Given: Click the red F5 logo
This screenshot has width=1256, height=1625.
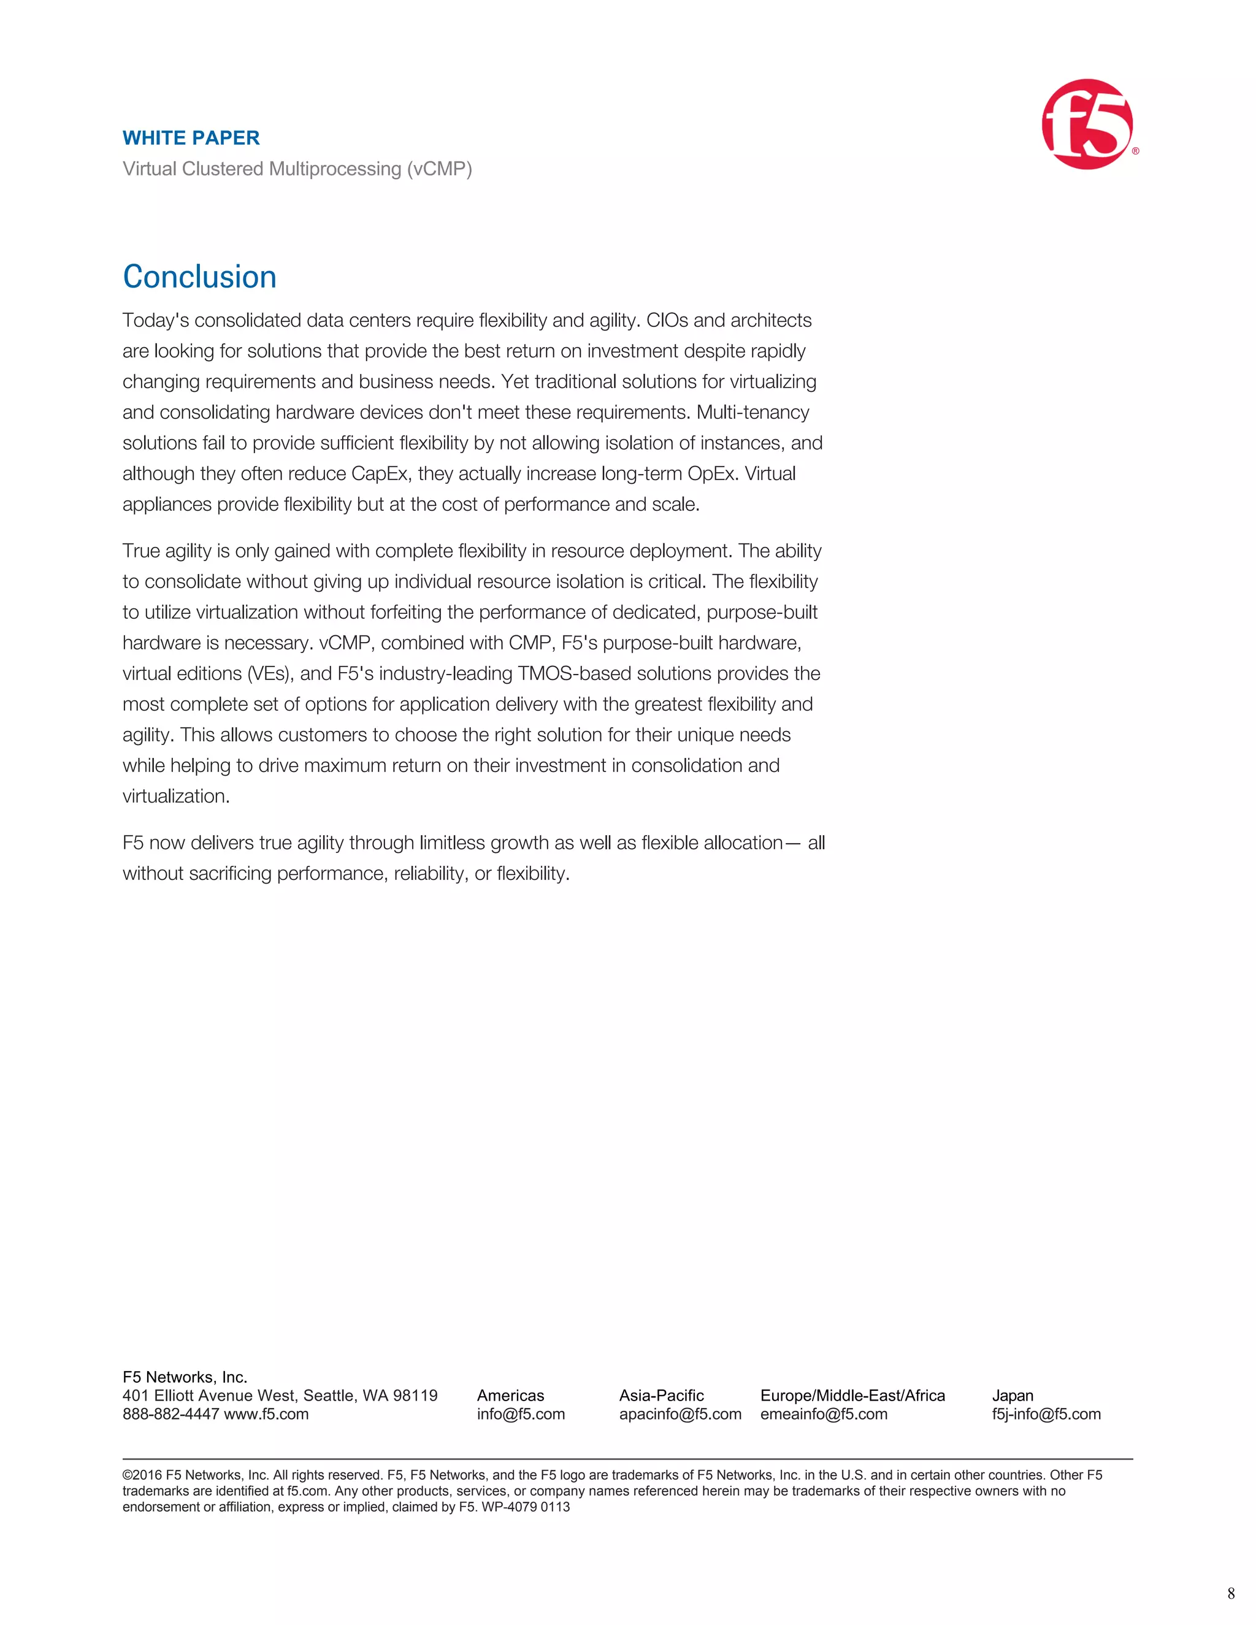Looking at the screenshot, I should [1087, 124].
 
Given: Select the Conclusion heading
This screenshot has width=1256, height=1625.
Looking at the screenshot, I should [199, 277].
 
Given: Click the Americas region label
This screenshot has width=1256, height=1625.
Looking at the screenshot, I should [510, 1395].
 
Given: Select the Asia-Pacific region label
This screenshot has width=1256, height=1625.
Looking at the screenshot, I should [662, 1395].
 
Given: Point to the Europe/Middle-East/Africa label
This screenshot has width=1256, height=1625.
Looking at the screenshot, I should [852, 1395].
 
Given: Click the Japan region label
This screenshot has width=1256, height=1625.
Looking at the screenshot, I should [1013, 1395].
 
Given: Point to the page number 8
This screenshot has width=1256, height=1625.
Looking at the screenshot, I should [1231, 1593].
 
